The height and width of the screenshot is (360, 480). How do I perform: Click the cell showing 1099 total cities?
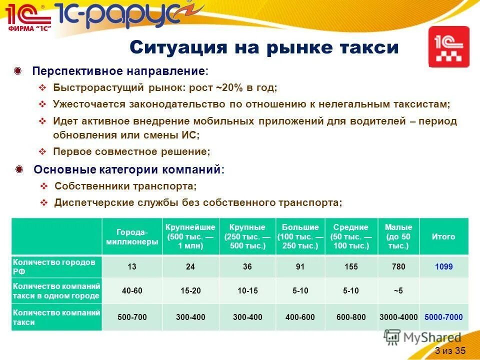(443, 266)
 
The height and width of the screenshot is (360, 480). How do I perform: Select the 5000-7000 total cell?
(443, 317)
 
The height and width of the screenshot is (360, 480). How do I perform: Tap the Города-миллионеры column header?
(132, 236)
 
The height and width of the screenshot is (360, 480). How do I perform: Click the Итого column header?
(443, 236)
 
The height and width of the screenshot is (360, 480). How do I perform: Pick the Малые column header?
(398, 236)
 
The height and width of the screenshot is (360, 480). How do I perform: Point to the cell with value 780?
(398, 266)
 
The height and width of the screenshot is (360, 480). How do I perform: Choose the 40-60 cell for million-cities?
(132, 290)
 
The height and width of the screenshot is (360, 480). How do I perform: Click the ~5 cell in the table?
(398, 290)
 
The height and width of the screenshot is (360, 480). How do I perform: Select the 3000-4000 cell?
(398, 317)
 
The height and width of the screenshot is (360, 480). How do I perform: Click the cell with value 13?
(132, 266)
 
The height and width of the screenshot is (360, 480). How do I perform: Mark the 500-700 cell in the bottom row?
(132, 317)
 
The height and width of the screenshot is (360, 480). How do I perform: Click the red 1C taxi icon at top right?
(449, 46)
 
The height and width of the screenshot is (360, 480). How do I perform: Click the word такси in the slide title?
(370, 47)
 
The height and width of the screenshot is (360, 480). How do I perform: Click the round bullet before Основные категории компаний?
(19, 169)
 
